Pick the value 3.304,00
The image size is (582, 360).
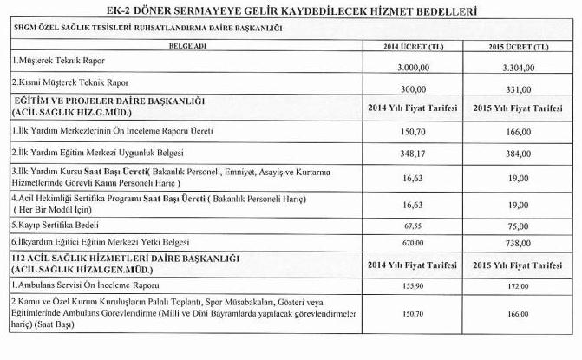tap(519, 65)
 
